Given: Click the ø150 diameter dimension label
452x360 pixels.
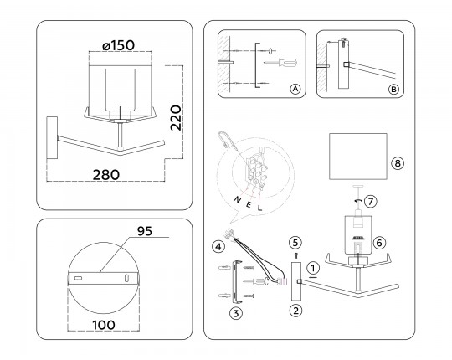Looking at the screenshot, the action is [x=119, y=45].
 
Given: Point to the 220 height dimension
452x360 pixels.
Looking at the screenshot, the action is [x=176, y=118].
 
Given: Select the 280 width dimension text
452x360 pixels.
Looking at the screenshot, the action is [x=106, y=175].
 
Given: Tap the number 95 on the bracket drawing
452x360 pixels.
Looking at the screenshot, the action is [x=145, y=231].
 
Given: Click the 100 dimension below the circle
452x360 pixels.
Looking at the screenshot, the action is [x=104, y=325].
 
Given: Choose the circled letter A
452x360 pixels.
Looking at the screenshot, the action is [x=295, y=89].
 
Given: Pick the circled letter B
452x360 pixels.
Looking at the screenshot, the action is [x=393, y=90].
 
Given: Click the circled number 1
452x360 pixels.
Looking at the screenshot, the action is [x=313, y=268].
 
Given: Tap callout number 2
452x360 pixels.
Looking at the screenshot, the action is [x=296, y=311].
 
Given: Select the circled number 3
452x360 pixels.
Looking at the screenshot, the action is [x=236, y=313].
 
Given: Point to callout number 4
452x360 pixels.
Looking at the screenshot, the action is [x=218, y=247].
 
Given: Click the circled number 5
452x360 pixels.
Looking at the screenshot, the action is [x=295, y=243].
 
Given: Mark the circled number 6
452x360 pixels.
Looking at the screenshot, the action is [x=379, y=243].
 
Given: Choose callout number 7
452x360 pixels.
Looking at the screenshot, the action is [x=371, y=201].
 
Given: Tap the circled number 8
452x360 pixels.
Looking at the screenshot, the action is [x=398, y=163].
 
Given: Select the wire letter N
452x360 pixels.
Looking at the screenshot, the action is [x=238, y=199].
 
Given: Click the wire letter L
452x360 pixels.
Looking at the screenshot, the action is [x=260, y=208].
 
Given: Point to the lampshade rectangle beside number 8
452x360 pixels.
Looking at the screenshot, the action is [x=358, y=157].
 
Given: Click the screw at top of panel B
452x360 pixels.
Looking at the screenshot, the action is [x=343, y=42].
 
